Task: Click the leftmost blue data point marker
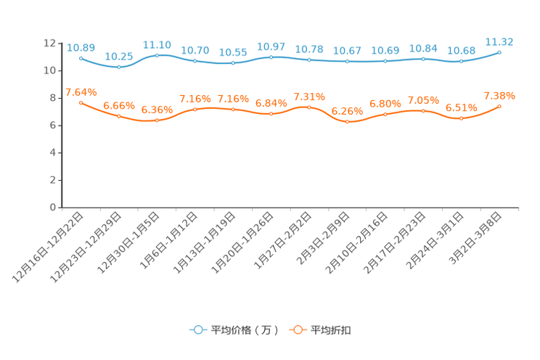(x=81, y=57)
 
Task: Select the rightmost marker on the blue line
(x=500, y=52)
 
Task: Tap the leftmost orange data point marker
(x=81, y=103)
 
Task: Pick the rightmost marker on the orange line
(x=500, y=107)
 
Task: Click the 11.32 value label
(x=500, y=41)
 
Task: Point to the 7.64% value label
(x=81, y=92)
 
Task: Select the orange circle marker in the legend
(x=298, y=330)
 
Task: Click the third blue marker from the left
(x=157, y=55)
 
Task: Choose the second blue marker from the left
(x=119, y=67)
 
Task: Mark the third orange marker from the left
(x=157, y=120)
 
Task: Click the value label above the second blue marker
(x=119, y=56)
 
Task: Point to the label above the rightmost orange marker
(x=499, y=96)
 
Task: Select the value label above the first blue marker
(x=80, y=47)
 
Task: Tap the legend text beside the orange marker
(x=332, y=330)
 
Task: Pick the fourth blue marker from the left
(x=195, y=61)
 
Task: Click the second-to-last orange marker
(x=462, y=118)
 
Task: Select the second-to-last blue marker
(x=462, y=62)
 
